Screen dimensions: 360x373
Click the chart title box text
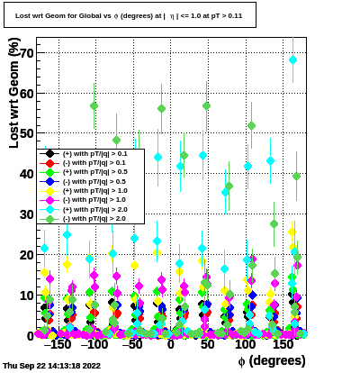[129, 15]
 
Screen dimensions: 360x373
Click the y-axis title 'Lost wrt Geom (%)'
[14, 93]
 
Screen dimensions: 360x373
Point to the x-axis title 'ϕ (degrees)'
[272, 360]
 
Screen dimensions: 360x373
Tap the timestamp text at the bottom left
[51, 366]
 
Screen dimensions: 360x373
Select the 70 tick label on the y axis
[27, 53]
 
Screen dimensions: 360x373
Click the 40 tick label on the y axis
[27, 174]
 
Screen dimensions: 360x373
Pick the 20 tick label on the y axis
[27, 255]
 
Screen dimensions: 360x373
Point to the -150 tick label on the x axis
[58, 344]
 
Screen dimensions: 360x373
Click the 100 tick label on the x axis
[245, 344]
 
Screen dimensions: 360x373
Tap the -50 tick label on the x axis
[132, 344]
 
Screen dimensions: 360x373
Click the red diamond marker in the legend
[49, 163]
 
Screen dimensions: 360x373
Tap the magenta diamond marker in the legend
[49, 200]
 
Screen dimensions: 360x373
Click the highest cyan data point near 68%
[292, 60]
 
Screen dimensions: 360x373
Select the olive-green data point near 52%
[251, 125]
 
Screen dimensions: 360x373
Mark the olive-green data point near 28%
[274, 223]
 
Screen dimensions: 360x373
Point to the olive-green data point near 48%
[116, 140]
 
